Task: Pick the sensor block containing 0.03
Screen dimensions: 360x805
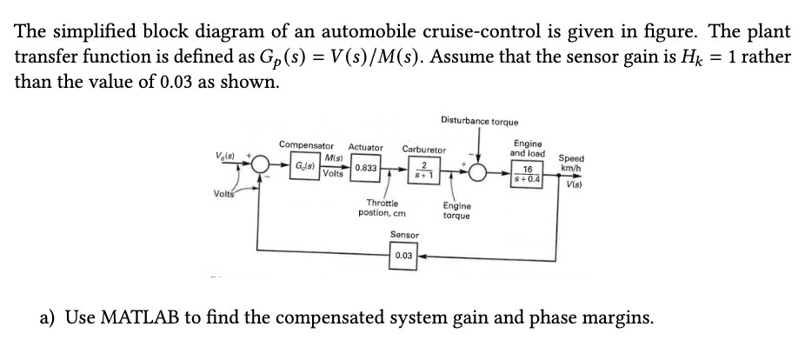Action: tap(403, 257)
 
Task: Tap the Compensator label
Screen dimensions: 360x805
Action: tap(306, 144)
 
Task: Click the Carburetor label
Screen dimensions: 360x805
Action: tap(423, 149)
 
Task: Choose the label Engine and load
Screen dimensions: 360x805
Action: tap(529, 147)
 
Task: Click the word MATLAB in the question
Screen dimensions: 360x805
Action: tap(151, 317)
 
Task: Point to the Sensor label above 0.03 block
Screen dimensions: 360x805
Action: tap(404, 235)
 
